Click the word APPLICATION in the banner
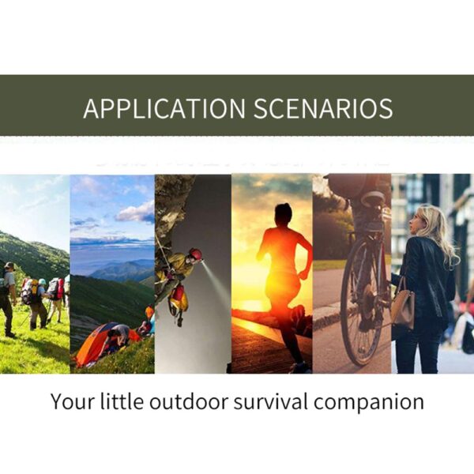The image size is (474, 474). pyautogui.click(x=164, y=108)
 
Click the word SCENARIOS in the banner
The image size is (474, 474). pyautogui.click(x=323, y=108)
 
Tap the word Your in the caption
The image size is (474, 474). pyautogui.click(x=73, y=402)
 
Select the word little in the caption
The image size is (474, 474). pyautogui.click(x=122, y=401)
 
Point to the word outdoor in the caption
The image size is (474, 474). pyautogui.click(x=188, y=401)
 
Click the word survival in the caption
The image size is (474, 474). pyautogui.click(x=270, y=401)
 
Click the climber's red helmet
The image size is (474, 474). pyautogui.click(x=196, y=254)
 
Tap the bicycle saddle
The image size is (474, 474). pyautogui.click(x=374, y=197)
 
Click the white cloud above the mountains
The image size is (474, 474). pyautogui.click(x=135, y=213)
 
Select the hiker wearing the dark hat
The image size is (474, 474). pyautogui.click(x=7, y=299)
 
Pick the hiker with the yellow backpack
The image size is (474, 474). pyautogui.click(x=36, y=303)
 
